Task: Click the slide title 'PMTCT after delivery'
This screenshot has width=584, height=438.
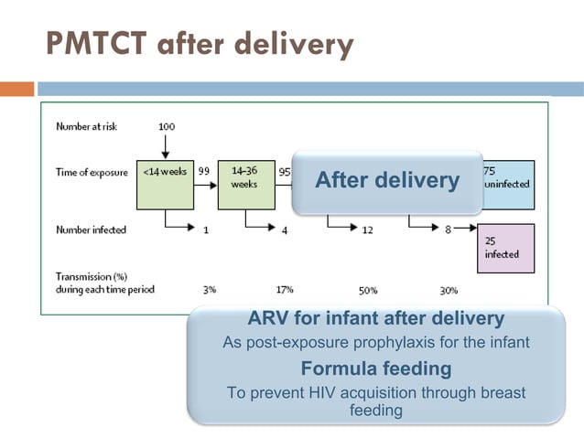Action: click(198, 44)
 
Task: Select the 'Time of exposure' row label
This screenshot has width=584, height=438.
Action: click(90, 171)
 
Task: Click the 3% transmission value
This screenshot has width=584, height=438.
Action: click(209, 289)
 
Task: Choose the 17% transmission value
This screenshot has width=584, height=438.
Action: click(285, 289)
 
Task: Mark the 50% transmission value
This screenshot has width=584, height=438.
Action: click(368, 290)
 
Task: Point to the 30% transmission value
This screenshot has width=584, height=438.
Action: click(449, 290)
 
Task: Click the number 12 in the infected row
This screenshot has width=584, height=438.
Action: click(367, 230)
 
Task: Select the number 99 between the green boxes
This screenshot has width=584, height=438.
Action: click(204, 171)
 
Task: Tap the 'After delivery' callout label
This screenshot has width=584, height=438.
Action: click(386, 181)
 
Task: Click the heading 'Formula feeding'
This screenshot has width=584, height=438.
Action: click(375, 369)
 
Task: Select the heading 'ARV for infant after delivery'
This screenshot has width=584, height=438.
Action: click(375, 319)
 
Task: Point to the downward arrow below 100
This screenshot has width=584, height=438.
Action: click(166, 144)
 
